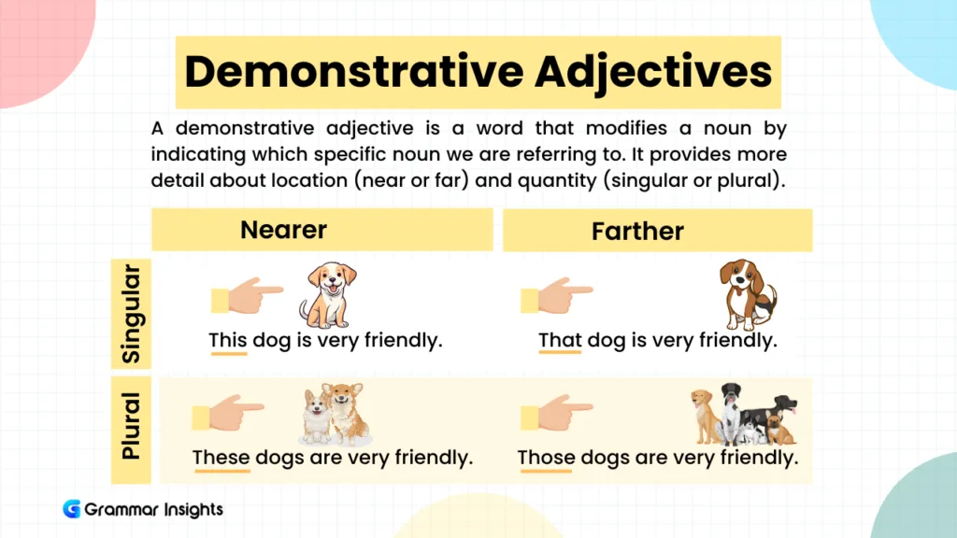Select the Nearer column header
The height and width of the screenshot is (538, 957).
pos(284,230)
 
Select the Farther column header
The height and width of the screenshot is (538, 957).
pos(637,231)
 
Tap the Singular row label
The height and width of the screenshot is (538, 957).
pos(132,314)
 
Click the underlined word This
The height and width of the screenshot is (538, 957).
pos(227,340)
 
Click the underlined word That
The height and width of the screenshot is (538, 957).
pos(560,340)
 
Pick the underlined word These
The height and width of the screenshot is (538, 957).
pos(221,458)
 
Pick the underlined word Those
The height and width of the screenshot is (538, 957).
pos(546,458)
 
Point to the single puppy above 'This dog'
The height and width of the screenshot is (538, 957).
pos(329,294)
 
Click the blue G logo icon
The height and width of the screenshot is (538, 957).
pos(72,509)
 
